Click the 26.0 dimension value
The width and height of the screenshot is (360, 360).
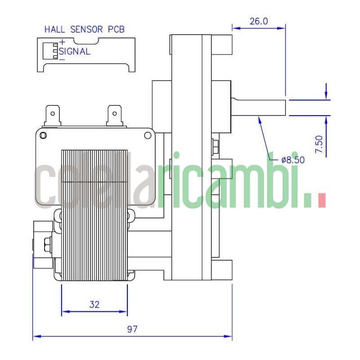[x=258, y=21]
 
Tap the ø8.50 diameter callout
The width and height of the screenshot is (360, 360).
[x=293, y=159]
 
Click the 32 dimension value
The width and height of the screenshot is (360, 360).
[x=94, y=304]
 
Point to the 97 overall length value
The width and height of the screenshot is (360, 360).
[x=131, y=329]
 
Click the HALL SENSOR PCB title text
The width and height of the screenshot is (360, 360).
[x=84, y=30]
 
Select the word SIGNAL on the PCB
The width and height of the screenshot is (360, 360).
[x=75, y=51]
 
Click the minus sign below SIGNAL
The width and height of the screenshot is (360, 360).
[x=62, y=59]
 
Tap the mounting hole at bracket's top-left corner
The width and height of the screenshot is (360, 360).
[x=43, y=135]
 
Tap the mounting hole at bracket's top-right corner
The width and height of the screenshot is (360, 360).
[x=147, y=135]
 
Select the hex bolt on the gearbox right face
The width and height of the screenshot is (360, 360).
[x=215, y=147]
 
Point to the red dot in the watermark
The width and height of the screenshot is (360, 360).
[x=321, y=200]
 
